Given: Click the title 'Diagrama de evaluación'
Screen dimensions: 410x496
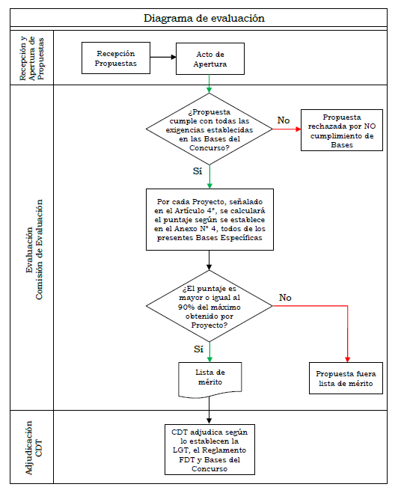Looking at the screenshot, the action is tap(204, 18).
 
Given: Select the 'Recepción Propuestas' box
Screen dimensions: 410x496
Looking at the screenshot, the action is tap(116, 58).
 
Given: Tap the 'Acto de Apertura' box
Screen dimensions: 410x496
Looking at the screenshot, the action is tap(210, 59).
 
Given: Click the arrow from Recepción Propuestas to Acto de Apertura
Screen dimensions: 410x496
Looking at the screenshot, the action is tap(163, 58).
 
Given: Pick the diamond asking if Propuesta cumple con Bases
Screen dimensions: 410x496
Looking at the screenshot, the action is tap(209, 129).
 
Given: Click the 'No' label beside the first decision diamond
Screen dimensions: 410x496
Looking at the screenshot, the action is tap(284, 120).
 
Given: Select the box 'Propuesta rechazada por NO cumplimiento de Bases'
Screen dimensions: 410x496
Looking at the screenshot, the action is tap(342, 130).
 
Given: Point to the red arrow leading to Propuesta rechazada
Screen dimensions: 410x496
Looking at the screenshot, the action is tap(287, 129).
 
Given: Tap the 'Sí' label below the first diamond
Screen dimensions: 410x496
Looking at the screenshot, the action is tap(198, 171).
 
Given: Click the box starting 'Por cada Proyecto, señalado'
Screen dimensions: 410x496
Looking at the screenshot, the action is tap(209, 219).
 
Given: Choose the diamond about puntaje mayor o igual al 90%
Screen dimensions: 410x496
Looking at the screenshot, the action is tap(209, 306).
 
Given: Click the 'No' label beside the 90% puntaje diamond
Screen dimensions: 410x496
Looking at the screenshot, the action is tap(285, 298).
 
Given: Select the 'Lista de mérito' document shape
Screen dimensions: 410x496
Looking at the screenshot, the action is tap(210, 379).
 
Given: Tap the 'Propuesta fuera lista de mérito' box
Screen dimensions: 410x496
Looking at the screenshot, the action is tap(346, 378).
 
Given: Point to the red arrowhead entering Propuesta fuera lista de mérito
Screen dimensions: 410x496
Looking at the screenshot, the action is tap(347, 360).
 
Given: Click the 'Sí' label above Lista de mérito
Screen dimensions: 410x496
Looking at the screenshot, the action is tap(198, 349).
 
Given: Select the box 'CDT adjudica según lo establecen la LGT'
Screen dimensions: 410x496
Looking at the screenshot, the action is tap(209, 450).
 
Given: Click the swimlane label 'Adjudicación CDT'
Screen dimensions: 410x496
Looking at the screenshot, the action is tap(34, 448).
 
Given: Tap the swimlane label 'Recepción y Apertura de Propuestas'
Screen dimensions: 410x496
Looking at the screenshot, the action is tap(31, 58).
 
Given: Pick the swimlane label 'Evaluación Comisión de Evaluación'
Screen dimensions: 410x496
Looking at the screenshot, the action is tap(34, 249).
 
